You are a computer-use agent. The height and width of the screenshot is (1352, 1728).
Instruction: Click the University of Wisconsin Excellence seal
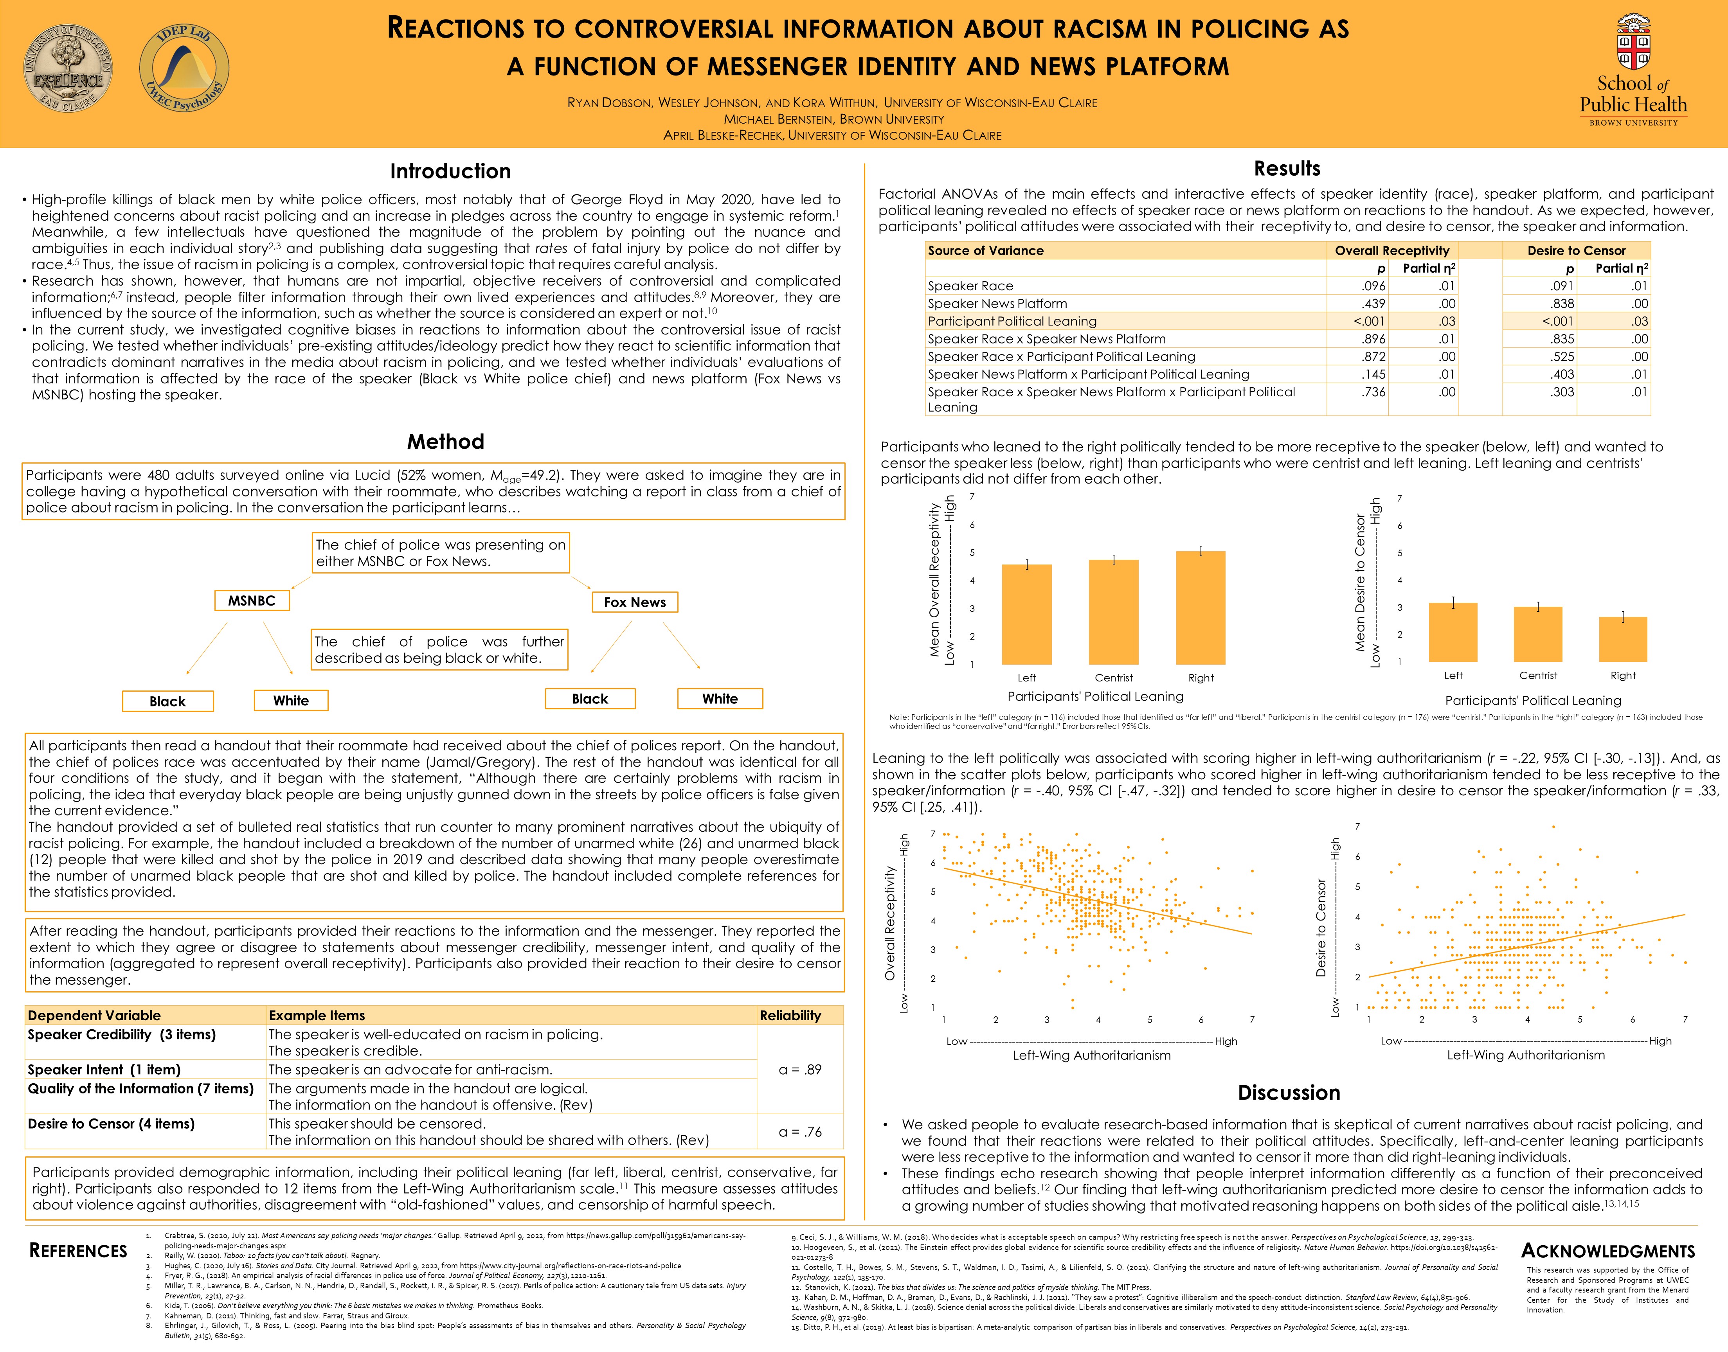point(68,67)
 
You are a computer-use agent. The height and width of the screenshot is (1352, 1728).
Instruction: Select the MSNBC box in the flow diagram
point(252,601)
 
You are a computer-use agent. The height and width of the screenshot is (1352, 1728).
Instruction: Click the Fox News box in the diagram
point(635,602)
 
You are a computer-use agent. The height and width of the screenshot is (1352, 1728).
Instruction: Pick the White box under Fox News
point(720,699)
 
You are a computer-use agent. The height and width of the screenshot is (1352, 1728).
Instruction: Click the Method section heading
point(446,442)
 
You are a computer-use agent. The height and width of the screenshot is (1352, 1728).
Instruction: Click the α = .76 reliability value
point(799,1132)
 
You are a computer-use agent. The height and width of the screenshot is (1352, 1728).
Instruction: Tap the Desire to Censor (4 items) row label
point(111,1124)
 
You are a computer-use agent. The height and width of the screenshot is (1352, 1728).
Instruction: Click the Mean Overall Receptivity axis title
point(935,580)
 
